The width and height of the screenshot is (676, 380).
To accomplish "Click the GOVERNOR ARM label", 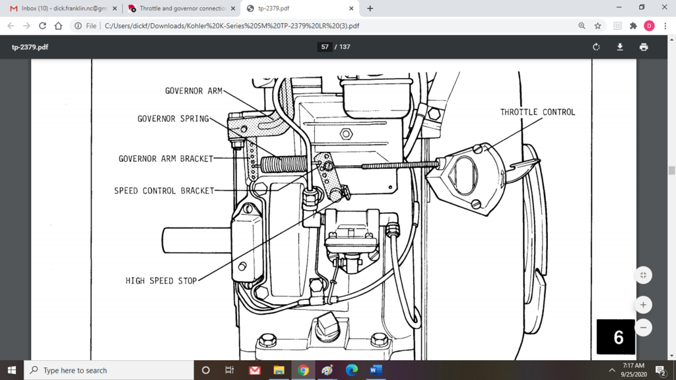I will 193,91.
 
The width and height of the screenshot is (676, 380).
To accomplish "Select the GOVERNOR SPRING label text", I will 173,119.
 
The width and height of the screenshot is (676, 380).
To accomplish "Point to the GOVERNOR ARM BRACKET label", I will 166,159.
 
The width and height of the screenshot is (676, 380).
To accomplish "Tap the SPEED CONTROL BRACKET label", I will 164,191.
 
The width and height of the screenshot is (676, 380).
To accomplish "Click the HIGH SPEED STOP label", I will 161,281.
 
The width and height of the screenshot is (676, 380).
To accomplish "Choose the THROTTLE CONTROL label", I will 537,112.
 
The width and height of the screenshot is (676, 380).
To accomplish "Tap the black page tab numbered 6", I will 618,337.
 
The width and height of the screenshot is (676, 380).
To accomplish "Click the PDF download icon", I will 620,47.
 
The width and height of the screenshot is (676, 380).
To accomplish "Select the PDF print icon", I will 644,47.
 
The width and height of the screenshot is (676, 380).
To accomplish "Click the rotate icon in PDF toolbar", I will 596,47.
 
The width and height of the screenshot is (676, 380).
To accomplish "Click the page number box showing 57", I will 325,47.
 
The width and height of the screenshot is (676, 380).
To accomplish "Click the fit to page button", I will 642,275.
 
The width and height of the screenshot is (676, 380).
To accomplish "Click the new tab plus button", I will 370,9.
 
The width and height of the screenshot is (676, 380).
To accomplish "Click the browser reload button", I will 43,26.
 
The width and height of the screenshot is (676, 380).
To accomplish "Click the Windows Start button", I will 12,370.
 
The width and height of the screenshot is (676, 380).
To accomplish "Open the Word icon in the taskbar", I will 376,370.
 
